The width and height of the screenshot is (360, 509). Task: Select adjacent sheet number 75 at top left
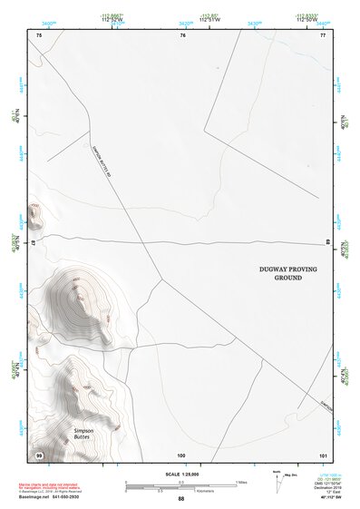(39, 35)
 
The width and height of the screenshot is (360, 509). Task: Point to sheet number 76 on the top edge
(182, 35)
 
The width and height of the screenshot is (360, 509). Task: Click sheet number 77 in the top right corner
(323, 35)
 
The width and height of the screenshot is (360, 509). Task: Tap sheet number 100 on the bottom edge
(181, 453)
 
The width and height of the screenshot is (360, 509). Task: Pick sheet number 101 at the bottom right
(323, 453)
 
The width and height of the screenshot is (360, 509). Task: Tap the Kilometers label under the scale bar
(186, 490)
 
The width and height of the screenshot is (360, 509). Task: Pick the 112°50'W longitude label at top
(306, 17)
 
